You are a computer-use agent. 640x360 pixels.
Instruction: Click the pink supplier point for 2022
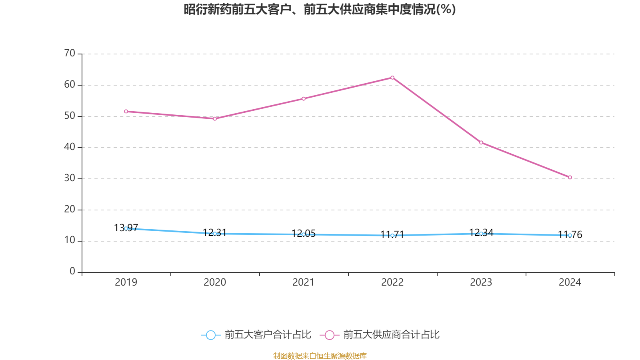[x=392, y=78]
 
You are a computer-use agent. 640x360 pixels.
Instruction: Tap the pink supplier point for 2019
[x=126, y=111]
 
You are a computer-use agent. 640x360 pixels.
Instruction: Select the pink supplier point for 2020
[x=215, y=119]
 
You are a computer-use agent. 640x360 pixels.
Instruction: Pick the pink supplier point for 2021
[x=304, y=98]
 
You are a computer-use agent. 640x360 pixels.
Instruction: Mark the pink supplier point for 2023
[x=481, y=142]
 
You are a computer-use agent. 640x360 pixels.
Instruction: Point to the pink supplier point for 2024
[x=570, y=177]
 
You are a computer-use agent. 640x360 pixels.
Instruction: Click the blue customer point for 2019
[x=126, y=228]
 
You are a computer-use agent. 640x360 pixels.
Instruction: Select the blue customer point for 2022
[x=392, y=236]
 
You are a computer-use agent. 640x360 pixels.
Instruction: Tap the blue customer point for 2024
[x=570, y=235]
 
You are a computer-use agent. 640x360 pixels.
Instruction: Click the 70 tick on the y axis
[x=70, y=54]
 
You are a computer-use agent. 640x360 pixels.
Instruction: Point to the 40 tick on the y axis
[x=70, y=147]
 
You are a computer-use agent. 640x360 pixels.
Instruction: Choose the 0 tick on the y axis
[x=72, y=272]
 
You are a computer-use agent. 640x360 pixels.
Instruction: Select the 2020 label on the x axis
[x=215, y=282]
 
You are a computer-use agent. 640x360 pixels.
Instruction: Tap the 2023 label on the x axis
[x=481, y=282]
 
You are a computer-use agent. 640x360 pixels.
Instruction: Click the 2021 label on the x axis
[x=304, y=282]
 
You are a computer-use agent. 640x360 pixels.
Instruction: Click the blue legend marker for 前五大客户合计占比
[x=210, y=335]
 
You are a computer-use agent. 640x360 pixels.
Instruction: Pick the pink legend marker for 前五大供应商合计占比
[x=329, y=335]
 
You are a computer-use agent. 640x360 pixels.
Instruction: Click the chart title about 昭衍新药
[x=320, y=9]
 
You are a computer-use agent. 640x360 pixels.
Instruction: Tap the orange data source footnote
[x=320, y=356]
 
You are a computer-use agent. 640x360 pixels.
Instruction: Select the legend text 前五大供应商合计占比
[x=391, y=335]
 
